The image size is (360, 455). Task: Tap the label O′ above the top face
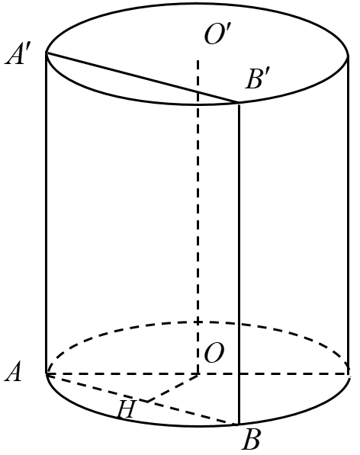(x=218, y=35)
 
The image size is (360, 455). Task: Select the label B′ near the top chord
(x=259, y=80)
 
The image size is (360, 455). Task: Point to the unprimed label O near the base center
(x=214, y=354)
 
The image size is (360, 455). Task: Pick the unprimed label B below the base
(x=251, y=440)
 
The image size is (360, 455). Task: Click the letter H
(x=127, y=410)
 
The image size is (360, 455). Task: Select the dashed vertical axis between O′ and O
(x=198, y=213)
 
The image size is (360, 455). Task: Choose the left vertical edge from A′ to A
(x=47, y=213)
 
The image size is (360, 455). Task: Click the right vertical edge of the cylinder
(x=349, y=213)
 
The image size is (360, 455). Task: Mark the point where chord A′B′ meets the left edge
(x=47, y=53)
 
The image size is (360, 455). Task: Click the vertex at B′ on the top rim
(x=239, y=104)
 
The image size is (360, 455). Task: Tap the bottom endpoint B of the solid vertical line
(x=239, y=424)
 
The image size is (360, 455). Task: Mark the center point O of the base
(x=198, y=374)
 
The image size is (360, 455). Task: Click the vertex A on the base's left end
(x=47, y=374)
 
